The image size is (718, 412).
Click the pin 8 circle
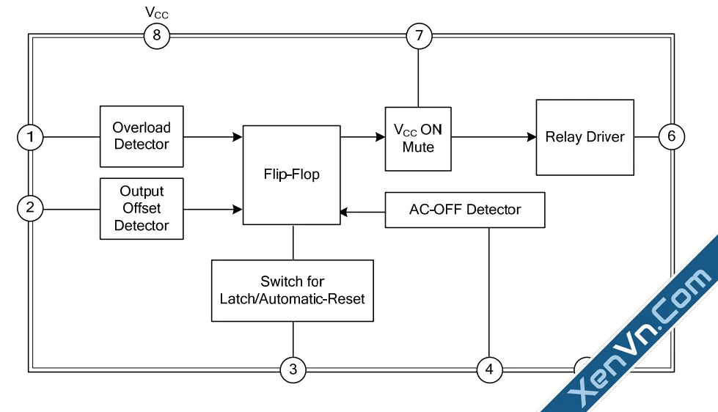click(x=156, y=35)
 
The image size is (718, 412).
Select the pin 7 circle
click(x=420, y=35)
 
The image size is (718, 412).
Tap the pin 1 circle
click(x=30, y=136)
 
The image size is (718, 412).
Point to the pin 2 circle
click(x=30, y=207)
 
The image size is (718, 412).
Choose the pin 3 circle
click(x=293, y=369)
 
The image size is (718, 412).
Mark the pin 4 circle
click(x=489, y=369)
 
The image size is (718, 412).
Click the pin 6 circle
click(x=671, y=136)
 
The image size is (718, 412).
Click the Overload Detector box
click(x=142, y=136)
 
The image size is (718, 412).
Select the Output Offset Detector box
click(x=142, y=208)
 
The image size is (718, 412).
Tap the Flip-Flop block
click(x=291, y=174)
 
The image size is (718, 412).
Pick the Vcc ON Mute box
click(x=418, y=139)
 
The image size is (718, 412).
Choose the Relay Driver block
click(x=585, y=137)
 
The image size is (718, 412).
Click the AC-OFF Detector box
click(x=464, y=210)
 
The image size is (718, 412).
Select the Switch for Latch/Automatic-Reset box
click(x=292, y=290)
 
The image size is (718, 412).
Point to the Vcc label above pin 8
click(x=157, y=12)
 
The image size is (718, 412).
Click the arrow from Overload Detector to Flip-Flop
click(x=213, y=136)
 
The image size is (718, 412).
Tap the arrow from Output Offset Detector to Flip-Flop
click(x=213, y=209)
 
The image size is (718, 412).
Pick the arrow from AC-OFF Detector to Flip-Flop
click(x=362, y=213)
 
